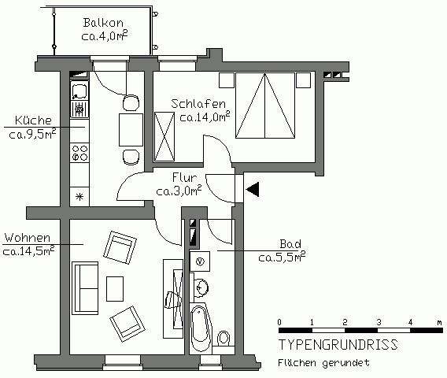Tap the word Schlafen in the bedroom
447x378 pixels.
coord(200,103)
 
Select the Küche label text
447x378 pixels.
coord(32,120)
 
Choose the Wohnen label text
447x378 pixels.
coord(28,237)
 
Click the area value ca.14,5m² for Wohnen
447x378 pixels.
coord(28,251)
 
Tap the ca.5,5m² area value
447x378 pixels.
coord(282,257)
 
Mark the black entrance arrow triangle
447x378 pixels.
coord(253,189)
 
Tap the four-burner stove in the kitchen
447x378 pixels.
coord(79,152)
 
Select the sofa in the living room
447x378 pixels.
coord(86,287)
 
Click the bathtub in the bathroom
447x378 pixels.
coord(199,327)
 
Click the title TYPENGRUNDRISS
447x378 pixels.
coord(338,346)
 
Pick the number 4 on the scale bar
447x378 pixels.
coord(411,323)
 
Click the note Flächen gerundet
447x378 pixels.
coord(323,363)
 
